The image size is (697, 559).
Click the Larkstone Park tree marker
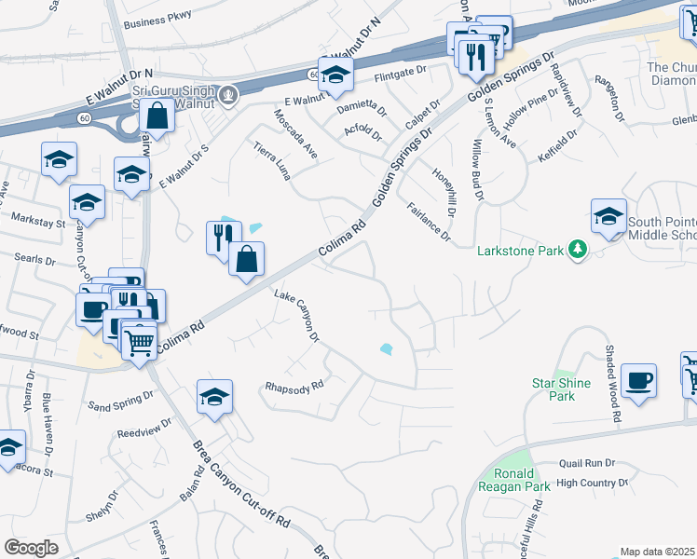click(578, 250)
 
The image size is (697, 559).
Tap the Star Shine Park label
click(553, 389)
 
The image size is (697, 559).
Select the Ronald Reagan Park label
click(507, 479)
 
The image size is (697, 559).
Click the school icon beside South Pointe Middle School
click(608, 217)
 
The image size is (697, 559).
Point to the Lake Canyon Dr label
click(297, 317)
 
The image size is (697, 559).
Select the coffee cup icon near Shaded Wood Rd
click(639, 380)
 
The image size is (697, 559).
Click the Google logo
click(31, 548)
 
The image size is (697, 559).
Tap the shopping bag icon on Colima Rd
click(246, 261)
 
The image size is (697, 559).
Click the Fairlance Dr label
click(429, 224)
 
